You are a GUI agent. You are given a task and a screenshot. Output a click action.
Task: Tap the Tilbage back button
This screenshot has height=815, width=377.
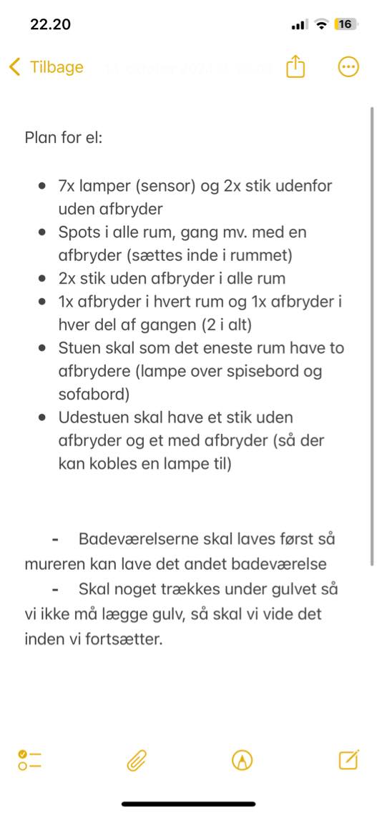point(46,67)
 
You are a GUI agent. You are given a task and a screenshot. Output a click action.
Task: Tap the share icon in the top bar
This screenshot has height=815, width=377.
point(295,67)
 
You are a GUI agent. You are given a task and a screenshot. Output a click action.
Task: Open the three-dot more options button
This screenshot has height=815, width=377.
point(348,67)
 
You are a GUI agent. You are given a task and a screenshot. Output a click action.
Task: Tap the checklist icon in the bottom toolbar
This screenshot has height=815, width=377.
point(29,761)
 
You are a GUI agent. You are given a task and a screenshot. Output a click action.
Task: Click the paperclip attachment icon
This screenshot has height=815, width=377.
point(136,761)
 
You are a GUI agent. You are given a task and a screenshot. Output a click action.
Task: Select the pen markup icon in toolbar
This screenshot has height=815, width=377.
point(243,761)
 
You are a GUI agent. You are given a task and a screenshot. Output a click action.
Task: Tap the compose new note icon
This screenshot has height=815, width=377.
point(348,760)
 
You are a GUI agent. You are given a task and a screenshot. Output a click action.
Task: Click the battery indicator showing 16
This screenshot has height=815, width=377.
point(345,24)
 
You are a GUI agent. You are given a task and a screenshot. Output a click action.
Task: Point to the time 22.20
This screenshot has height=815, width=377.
point(50,24)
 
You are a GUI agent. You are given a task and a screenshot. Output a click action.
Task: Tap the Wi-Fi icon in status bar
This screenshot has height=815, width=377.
point(321,25)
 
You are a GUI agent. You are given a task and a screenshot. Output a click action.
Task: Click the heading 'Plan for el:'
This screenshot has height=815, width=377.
point(64,137)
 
